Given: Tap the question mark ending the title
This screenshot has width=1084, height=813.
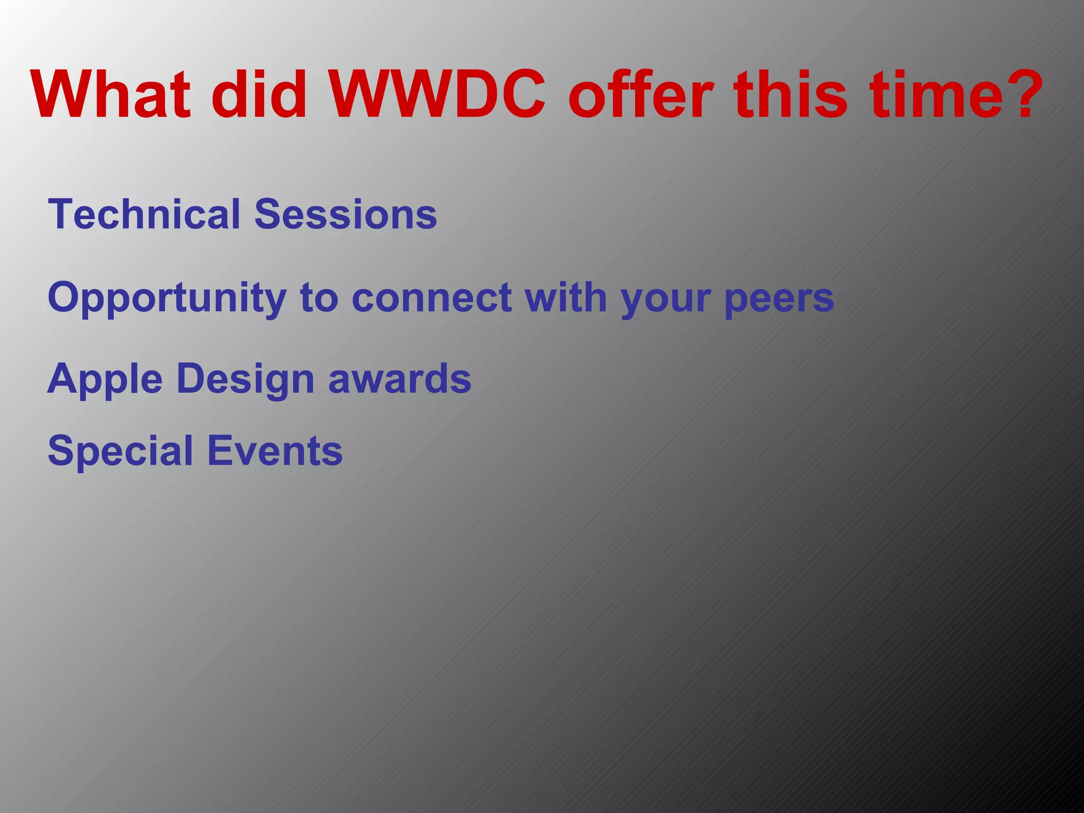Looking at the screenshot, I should [x=1019, y=95].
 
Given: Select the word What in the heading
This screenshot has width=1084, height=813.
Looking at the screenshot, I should [x=110, y=95].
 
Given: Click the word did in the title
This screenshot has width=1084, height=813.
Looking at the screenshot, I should [x=259, y=95].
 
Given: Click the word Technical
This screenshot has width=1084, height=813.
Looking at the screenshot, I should [x=144, y=214].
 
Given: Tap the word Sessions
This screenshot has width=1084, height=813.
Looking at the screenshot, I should [x=346, y=214].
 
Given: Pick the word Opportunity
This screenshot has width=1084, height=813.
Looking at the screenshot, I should [x=167, y=298].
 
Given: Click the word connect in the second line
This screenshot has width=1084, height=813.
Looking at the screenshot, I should [x=431, y=298].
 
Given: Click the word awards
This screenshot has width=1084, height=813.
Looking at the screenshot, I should [x=400, y=379].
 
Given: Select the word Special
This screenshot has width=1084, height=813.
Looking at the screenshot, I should [x=120, y=451].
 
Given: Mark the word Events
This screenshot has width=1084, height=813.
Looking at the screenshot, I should [x=275, y=451].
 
